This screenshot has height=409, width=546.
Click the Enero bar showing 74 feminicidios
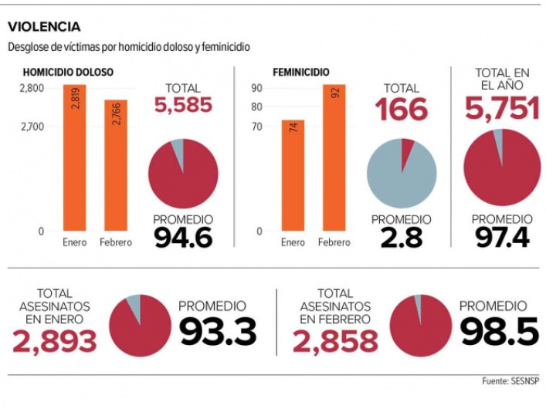point(293,174)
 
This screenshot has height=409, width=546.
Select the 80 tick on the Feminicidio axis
point(257,108)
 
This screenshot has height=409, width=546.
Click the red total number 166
point(402,110)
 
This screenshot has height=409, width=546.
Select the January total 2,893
point(54,340)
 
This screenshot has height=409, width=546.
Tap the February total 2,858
point(334,340)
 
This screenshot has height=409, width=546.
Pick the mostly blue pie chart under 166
point(402,172)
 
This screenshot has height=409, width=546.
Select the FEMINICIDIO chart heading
point(301,73)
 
